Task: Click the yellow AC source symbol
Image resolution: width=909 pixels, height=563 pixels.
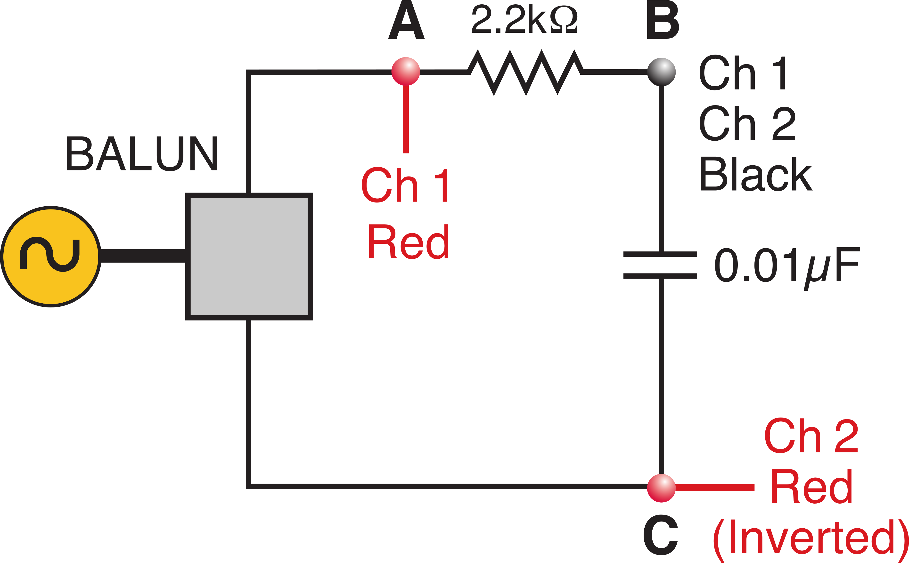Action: click(51, 257)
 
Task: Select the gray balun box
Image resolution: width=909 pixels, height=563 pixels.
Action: click(249, 257)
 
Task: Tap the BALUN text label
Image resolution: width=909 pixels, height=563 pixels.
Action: click(142, 153)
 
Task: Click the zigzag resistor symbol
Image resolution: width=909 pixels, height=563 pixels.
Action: click(525, 72)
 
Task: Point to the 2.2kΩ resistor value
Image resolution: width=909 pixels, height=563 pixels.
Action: click(524, 19)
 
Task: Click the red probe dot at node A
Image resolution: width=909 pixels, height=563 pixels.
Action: click(406, 71)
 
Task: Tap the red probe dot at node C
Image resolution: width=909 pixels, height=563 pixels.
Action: click(661, 488)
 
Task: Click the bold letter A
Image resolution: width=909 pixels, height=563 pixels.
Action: click(406, 19)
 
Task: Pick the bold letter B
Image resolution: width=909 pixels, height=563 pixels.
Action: click(663, 19)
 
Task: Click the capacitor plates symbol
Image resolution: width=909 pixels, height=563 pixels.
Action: click(660, 265)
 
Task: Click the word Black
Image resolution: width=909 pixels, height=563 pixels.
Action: click(756, 174)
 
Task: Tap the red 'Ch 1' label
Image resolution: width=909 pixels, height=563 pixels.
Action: click(405, 185)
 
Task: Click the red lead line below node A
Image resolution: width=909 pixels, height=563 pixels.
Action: click(406, 119)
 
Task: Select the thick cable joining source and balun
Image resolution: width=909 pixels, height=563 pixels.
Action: click(143, 256)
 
